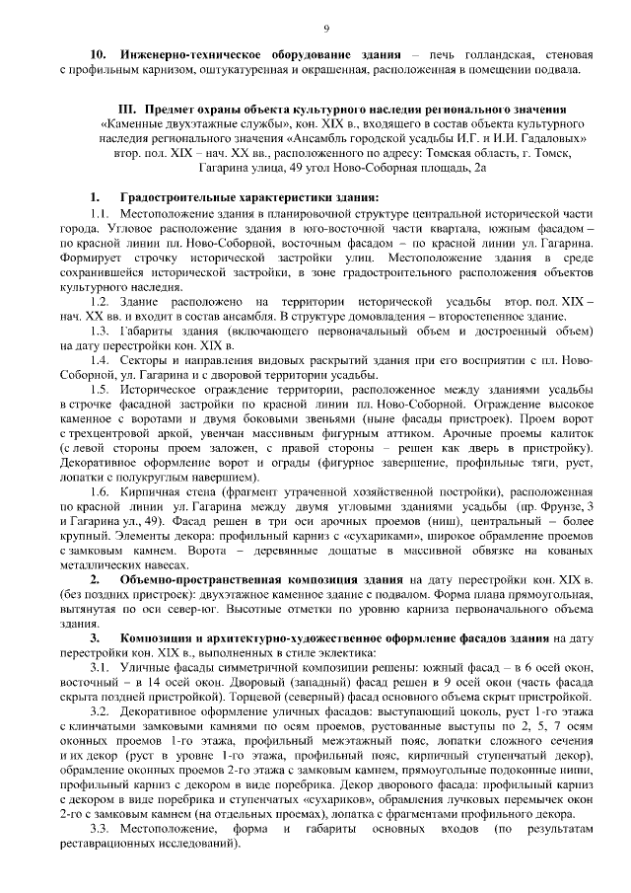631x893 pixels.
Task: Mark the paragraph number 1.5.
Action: (102, 393)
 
